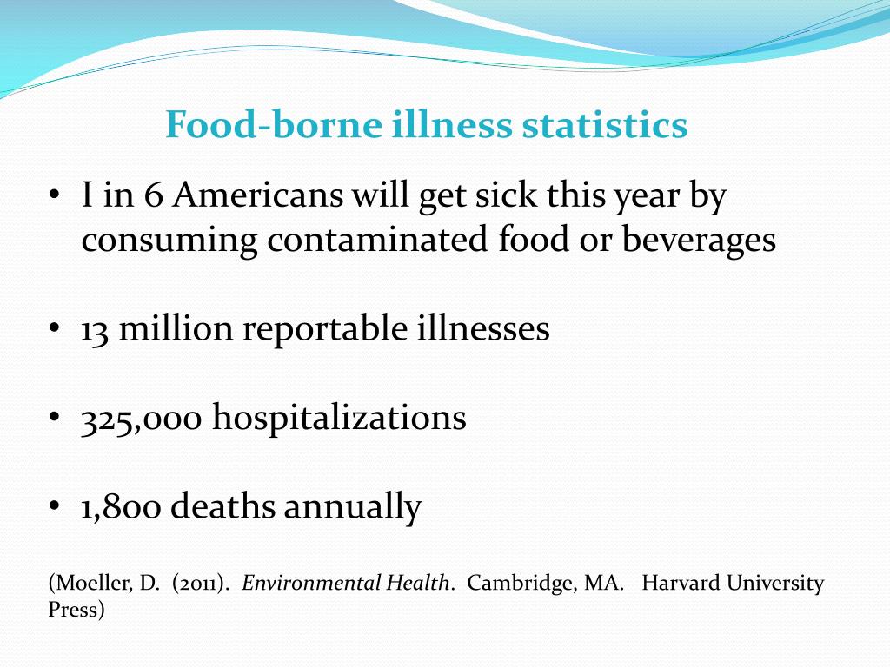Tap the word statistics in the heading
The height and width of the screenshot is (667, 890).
click(x=605, y=125)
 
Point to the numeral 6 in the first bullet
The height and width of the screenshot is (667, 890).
click(x=154, y=196)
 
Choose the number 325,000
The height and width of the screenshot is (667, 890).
click(x=142, y=418)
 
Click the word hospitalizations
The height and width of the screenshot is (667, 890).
click(x=340, y=418)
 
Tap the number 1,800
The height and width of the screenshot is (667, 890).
click(x=121, y=506)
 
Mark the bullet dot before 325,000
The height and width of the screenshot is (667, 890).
click(x=54, y=419)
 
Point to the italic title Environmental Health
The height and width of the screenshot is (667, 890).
click(x=348, y=583)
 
